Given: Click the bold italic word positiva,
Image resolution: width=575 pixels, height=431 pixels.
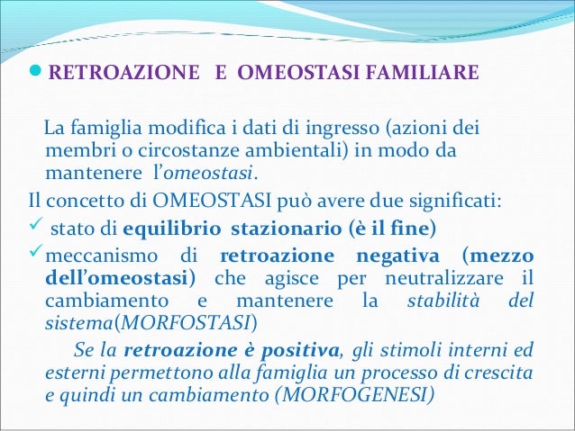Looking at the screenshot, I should coord(294,348).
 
